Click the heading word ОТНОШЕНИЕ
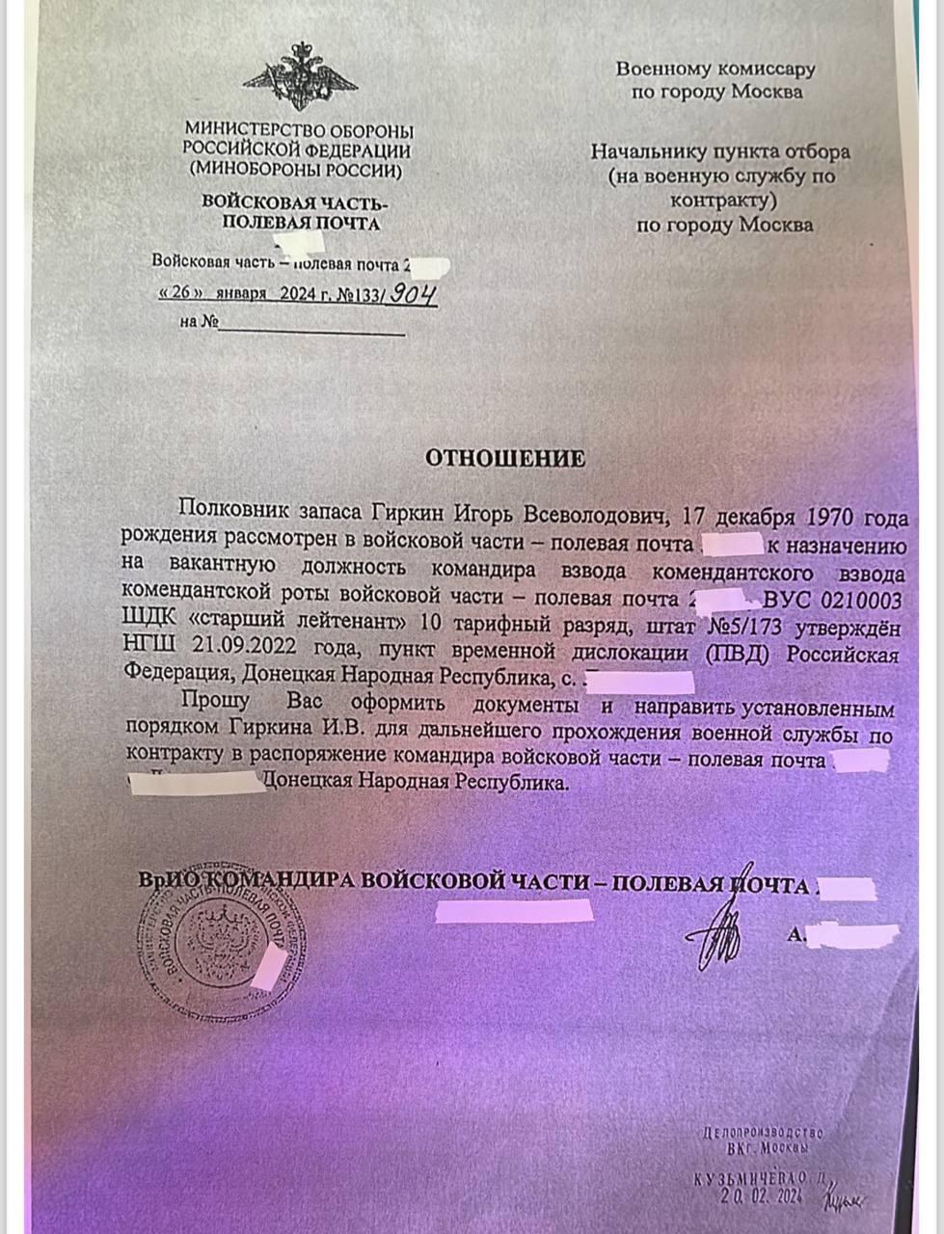tap(505, 458)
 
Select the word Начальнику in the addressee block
tap(648, 151)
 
